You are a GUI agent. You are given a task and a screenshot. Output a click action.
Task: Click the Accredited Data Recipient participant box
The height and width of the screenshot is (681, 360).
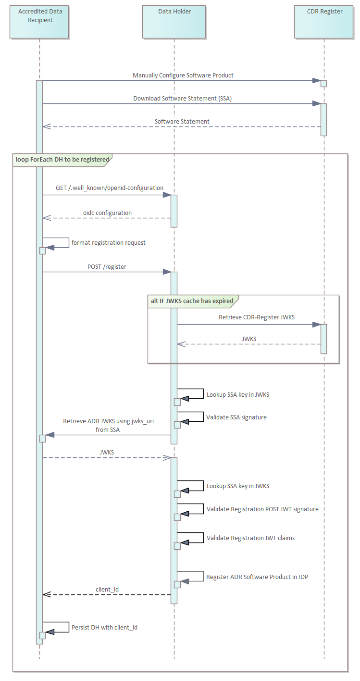[x=39, y=22]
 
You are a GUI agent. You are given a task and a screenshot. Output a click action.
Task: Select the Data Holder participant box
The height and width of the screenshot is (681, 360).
[x=174, y=22]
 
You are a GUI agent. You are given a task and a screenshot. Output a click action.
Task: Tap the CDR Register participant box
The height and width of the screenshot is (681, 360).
[x=324, y=22]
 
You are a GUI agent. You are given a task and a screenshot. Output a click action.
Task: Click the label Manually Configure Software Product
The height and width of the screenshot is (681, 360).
[x=183, y=76]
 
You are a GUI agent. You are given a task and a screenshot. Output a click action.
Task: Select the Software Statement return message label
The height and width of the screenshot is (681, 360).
[x=182, y=122]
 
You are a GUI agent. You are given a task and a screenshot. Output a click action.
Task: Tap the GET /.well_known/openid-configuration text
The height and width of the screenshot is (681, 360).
[x=110, y=188]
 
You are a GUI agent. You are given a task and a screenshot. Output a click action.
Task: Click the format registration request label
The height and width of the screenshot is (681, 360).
[x=109, y=243]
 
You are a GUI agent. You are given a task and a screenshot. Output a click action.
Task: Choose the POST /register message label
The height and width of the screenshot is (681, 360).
[x=107, y=266]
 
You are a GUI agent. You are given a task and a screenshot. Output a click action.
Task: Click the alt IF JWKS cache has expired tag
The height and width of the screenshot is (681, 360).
[x=192, y=301]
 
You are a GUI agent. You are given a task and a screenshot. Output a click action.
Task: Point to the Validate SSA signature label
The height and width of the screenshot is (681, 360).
[x=236, y=417]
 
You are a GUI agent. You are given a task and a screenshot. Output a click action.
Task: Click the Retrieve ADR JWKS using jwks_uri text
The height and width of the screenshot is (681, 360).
[x=109, y=421]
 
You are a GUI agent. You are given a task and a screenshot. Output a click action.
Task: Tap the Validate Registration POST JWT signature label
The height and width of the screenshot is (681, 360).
[x=262, y=509]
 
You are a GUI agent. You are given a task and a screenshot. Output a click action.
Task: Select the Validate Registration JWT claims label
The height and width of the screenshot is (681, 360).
[x=250, y=538]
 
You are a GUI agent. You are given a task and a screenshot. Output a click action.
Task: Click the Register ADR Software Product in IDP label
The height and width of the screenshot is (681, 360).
[x=257, y=577]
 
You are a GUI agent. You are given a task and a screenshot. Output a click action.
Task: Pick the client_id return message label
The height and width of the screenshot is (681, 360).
[x=107, y=589]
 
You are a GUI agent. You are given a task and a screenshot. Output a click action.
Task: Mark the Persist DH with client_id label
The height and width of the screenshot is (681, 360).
[x=104, y=628]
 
